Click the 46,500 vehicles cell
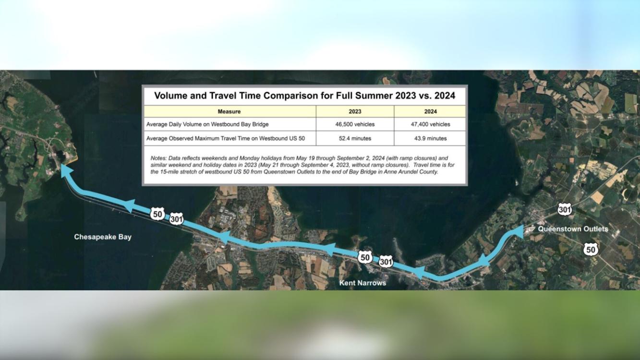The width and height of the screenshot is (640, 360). pos(355,124)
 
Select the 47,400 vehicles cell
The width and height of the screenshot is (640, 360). pos(430,124)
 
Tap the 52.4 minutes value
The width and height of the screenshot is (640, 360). pos(355,139)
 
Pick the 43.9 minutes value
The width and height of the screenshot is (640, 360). pos(430,139)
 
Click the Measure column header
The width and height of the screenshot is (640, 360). pos(229,111)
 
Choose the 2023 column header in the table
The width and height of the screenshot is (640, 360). pos(355,111)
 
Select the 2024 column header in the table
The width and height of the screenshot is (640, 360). pos(430,111)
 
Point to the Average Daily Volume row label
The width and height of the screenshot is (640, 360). pos(207,124)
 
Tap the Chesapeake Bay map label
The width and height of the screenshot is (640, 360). pos(103,237)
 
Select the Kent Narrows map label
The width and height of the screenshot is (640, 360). pos(362,283)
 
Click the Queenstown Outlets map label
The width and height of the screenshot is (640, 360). pos(573,229)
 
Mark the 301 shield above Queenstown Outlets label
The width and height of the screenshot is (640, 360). pos(565,209)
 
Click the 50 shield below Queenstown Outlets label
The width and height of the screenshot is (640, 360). pos(591,250)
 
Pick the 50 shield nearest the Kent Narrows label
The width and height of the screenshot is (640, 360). pos(365,258)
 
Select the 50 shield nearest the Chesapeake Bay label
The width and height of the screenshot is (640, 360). pos(157,214)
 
